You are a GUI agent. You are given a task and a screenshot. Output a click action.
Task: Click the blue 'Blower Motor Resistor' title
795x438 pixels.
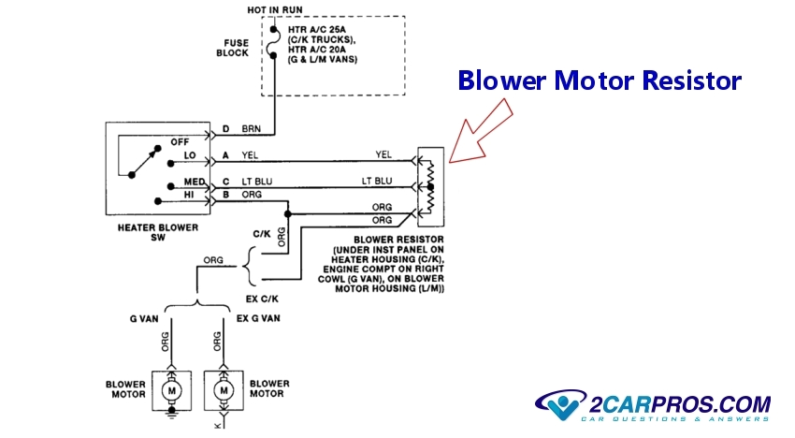[599, 81]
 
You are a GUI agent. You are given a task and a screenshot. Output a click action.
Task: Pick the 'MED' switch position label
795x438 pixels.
[195, 182]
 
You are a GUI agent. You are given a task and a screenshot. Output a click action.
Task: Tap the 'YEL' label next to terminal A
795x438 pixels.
[250, 155]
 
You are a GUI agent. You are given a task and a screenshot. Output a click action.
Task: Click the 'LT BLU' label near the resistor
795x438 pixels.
[377, 180]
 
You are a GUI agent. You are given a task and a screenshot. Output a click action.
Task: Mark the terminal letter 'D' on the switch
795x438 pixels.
[224, 128]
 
